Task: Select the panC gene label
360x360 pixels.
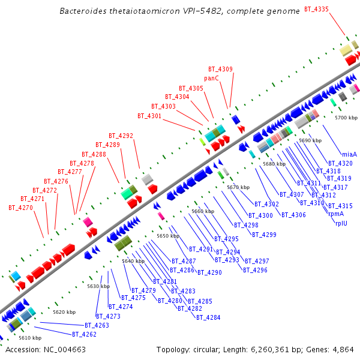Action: coord(211,79)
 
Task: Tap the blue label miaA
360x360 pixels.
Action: coord(349,154)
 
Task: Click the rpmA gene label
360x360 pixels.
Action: coord(336,214)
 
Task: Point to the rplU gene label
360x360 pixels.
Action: coord(343,223)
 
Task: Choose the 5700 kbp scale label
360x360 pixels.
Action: coord(346,118)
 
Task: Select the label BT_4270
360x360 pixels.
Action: coord(20,208)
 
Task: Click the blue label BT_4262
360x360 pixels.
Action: coord(84,334)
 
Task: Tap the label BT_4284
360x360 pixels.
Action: coord(208,317)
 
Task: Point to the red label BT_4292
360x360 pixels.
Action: coord(121,136)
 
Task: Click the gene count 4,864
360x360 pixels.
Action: coord(341,349)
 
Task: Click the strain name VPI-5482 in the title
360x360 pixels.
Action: coord(197,11)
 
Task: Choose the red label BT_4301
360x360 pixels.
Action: coord(149,116)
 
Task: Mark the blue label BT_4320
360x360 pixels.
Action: coord(340,163)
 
